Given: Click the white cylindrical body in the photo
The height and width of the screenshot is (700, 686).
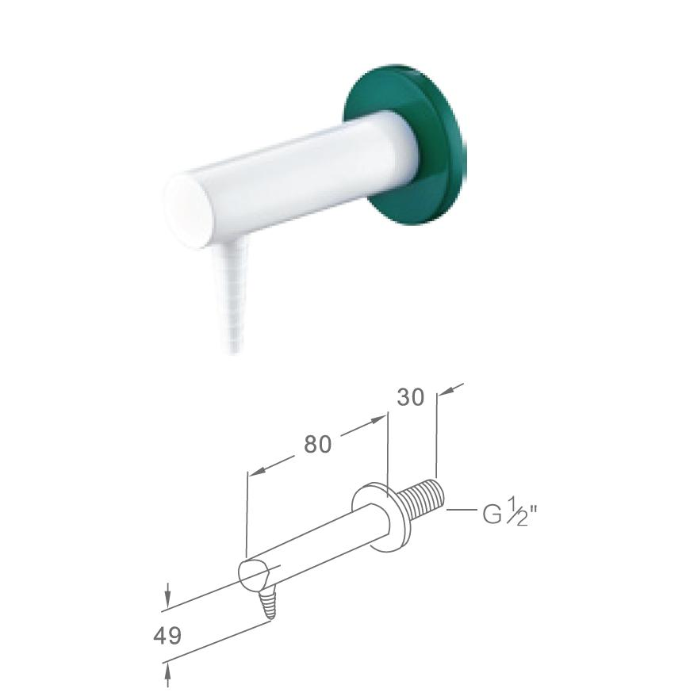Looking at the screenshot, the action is click(290, 178).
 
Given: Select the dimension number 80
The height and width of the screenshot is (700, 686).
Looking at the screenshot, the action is click(318, 445).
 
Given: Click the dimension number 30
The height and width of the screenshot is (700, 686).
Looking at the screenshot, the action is click(411, 397).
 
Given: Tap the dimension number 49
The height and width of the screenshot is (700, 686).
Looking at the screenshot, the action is click(167, 635).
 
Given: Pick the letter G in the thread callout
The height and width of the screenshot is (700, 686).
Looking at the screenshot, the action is click(492, 514).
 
